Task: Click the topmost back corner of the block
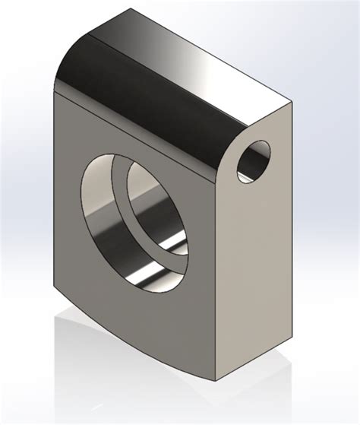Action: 131,11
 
